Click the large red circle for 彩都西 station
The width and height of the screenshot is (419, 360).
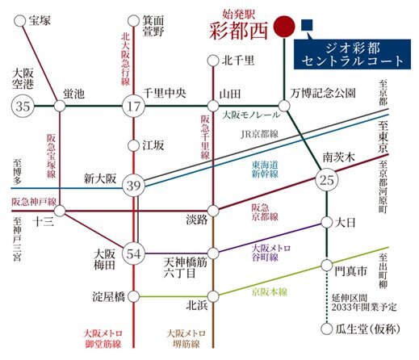coord(285,25)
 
